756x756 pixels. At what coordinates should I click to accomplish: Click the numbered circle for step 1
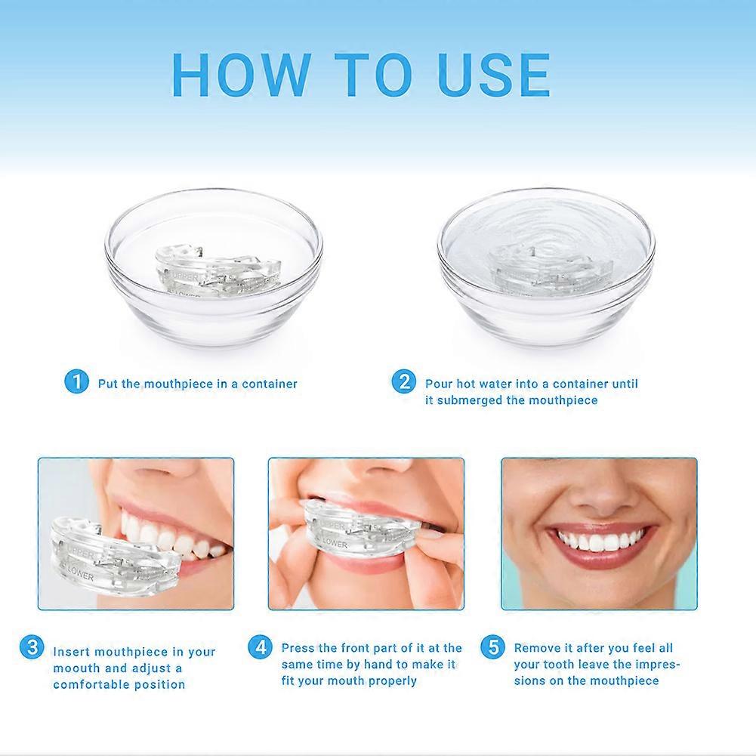pos(77,382)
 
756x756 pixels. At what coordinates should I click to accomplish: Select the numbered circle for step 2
pos(404,382)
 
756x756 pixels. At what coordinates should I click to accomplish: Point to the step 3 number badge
pos(32,647)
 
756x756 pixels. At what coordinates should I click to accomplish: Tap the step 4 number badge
pos(261,647)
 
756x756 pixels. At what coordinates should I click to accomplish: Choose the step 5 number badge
pos(493,647)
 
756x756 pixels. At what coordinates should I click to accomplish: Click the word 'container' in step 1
pos(270,384)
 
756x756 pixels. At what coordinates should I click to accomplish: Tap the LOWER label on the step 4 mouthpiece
pos(335,543)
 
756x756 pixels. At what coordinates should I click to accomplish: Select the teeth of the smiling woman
pos(600,540)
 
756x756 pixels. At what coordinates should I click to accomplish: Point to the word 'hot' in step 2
pos(467,384)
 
